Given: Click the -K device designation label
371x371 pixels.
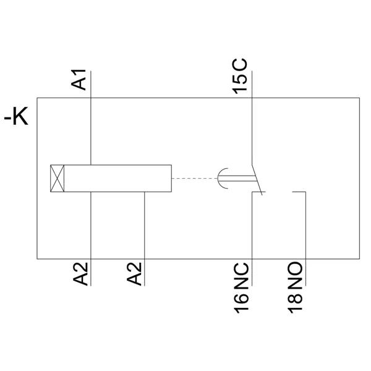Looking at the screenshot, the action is (16, 116).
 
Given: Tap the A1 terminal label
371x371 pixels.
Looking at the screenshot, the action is (79, 80).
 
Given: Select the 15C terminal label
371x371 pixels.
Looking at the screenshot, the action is (239, 76).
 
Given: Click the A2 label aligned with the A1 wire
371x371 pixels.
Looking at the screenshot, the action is (80, 274).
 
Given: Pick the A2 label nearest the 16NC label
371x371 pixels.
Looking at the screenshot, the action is (134, 274).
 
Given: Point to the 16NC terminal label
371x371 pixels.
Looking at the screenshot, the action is (241, 288).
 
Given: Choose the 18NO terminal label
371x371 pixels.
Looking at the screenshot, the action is (295, 288).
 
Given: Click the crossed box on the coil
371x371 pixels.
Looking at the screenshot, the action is (58, 178).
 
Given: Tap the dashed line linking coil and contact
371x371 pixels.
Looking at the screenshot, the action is (195, 178).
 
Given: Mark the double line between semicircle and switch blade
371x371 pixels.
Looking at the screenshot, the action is (237, 179).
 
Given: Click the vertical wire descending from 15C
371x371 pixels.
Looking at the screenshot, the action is (252, 117).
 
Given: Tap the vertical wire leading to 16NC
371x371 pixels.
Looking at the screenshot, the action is (252, 239).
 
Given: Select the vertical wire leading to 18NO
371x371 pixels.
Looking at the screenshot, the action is (305, 239).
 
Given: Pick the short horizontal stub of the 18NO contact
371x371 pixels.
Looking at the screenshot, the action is (299, 192).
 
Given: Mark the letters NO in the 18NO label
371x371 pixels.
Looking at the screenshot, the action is (295, 275).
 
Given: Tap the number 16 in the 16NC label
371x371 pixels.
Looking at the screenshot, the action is (241, 304).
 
